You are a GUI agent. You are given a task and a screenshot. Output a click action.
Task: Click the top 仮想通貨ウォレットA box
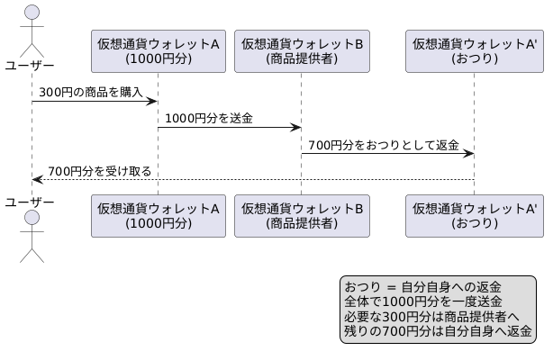point(159,50)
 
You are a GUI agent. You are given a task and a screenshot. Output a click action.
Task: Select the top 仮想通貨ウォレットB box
point(302,50)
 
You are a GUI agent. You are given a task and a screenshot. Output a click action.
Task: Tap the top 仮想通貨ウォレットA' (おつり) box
point(474,50)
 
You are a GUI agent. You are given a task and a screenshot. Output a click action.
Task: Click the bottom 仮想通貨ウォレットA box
point(159,215)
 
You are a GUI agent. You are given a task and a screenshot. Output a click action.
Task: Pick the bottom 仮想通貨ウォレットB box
point(302,215)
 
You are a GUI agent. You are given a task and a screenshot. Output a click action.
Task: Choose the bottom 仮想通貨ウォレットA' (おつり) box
point(474,215)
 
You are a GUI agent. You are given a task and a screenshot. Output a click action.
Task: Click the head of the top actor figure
point(32,13)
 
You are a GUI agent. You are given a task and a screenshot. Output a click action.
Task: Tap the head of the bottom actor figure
point(32,219)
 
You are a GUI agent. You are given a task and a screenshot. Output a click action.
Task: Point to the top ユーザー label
point(30,65)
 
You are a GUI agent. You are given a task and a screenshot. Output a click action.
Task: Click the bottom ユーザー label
point(30,202)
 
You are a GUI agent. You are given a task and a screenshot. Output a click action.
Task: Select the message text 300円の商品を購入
point(91,92)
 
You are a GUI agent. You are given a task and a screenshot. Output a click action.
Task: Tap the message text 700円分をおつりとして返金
point(384,144)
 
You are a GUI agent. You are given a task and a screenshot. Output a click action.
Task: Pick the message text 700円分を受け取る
point(99,170)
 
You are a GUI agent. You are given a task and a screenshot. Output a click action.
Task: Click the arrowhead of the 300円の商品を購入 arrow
point(153,101)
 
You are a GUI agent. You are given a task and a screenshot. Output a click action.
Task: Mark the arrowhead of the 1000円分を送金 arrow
point(295,127)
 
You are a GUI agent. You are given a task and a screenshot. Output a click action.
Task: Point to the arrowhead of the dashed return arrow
point(37,179)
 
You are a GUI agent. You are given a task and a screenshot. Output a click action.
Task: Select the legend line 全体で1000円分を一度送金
point(423,301)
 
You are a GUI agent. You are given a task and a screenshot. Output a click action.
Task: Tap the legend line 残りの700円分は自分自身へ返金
point(438,330)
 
